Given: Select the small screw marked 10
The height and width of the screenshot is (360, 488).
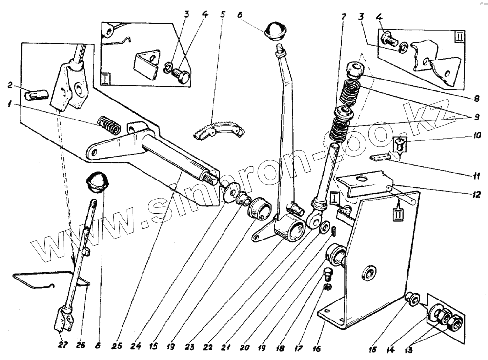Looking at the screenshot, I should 398,143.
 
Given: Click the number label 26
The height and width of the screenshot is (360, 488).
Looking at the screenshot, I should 81,345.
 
